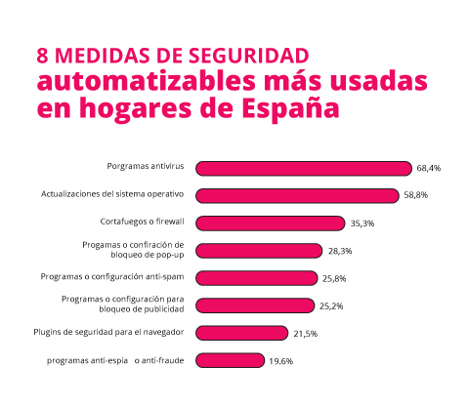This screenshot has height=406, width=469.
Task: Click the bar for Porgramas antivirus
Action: pos(304,168)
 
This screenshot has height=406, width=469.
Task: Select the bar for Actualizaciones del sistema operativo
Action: pos(298,195)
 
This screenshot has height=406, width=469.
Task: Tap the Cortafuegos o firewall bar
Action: pos(271,223)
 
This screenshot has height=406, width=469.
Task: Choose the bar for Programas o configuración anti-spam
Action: pos(257,278)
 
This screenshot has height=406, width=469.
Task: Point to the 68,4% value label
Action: pos(429,168)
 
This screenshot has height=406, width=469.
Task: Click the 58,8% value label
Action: pos(415,195)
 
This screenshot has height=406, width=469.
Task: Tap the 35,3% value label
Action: pos(362,223)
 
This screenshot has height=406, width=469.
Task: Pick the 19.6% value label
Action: pos(280,360)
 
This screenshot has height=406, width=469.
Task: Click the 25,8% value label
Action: pos(334,278)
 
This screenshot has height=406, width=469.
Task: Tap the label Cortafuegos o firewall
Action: pos(143,221)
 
